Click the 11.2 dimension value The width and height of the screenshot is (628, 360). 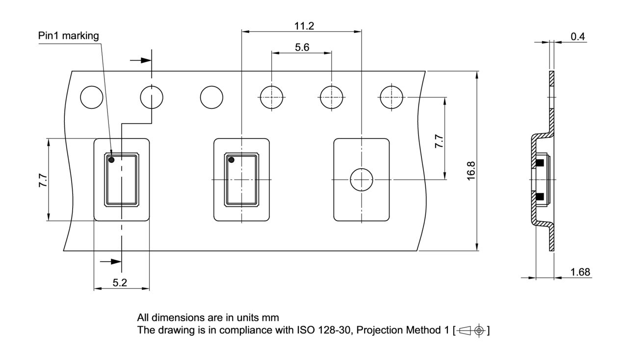pyautogui.click(x=301, y=26)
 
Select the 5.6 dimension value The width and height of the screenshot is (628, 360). pyautogui.click(x=301, y=47)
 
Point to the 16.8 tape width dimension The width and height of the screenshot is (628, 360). pyautogui.click(x=471, y=169)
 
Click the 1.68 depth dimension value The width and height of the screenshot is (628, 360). pyautogui.click(x=580, y=272)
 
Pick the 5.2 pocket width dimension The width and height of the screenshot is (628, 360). pyautogui.click(x=121, y=283)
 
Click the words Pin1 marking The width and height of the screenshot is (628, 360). pyautogui.click(x=68, y=36)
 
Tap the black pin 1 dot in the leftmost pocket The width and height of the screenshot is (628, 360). pyautogui.click(x=111, y=160)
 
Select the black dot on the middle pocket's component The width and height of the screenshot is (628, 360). pyautogui.click(x=232, y=160)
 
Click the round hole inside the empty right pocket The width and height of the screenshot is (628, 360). pyautogui.click(x=361, y=180)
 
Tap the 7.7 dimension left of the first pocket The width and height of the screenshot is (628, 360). pyautogui.click(x=43, y=180)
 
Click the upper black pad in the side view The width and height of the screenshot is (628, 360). pyautogui.click(x=540, y=163)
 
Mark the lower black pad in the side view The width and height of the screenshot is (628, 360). pyautogui.click(x=540, y=197)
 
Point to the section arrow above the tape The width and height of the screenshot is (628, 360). pyautogui.click(x=140, y=60)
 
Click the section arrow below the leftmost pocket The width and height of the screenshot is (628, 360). pyautogui.click(x=111, y=261)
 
